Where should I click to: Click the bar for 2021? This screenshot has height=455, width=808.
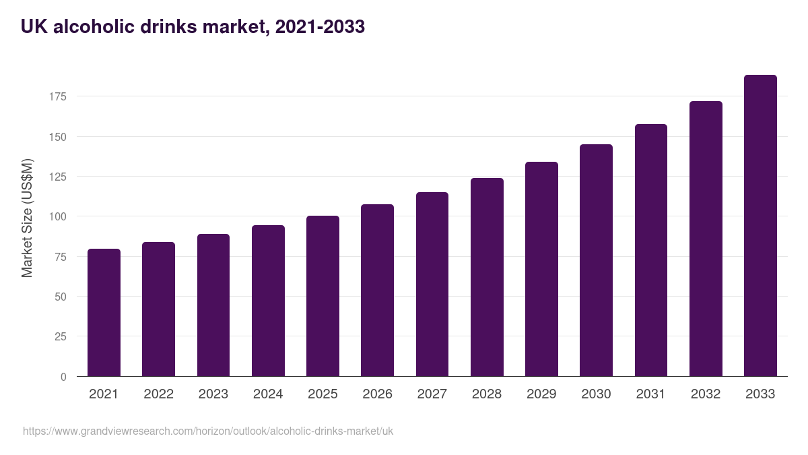[x=104, y=313]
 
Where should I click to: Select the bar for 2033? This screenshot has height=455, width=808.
[x=760, y=226]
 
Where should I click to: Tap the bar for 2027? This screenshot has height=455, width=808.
[x=432, y=284]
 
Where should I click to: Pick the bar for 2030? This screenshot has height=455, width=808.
[x=596, y=260]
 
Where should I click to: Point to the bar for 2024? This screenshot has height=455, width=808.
[x=268, y=301]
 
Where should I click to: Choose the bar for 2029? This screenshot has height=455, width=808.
[x=541, y=269]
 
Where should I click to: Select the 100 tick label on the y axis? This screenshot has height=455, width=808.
[x=58, y=217]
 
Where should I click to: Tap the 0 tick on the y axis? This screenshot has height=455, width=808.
[x=63, y=377]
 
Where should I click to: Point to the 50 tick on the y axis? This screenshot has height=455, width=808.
[x=61, y=297]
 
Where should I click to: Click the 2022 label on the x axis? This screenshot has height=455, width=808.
[x=158, y=394]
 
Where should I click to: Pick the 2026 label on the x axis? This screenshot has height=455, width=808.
[x=377, y=394]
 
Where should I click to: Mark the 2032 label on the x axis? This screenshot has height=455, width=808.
[x=706, y=394]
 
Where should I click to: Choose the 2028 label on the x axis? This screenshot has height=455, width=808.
[x=487, y=394]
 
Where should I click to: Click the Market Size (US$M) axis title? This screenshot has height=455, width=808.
[x=27, y=218]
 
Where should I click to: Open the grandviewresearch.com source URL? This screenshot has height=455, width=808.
[x=208, y=431]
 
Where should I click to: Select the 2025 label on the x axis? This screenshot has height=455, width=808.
[x=323, y=394]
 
